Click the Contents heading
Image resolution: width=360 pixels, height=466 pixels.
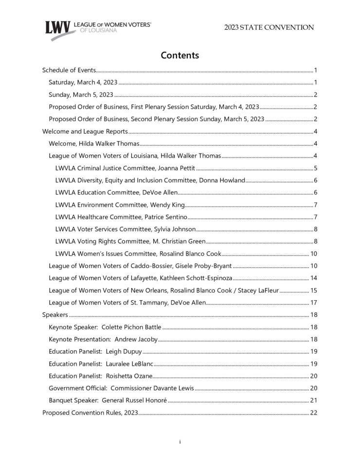coord(180,55)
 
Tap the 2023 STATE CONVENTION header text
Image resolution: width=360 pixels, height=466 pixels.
coord(269,28)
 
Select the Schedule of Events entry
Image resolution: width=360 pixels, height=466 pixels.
coord(69,71)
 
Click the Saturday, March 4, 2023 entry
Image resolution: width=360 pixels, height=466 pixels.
coord(83,83)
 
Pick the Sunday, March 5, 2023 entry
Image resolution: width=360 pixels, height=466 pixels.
coord(81,95)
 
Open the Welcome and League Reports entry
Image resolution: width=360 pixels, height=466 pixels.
coord(85,131)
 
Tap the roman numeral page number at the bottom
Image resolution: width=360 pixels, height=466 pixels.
coord(180,442)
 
